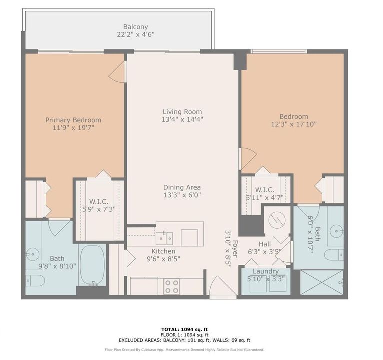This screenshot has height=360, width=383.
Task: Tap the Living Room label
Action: (182, 112)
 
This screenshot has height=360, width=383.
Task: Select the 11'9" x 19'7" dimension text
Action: (73, 128)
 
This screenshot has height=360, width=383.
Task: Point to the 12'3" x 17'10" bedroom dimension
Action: (294, 124)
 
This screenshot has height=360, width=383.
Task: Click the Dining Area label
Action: (182, 187)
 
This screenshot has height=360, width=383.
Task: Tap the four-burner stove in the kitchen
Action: (172, 286)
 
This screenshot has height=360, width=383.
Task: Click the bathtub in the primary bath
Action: (92, 265)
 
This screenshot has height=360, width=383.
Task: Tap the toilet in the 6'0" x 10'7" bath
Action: (333, 255)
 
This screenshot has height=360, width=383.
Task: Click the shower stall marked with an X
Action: (321, 282)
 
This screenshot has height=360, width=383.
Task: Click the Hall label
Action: (264, 244)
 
